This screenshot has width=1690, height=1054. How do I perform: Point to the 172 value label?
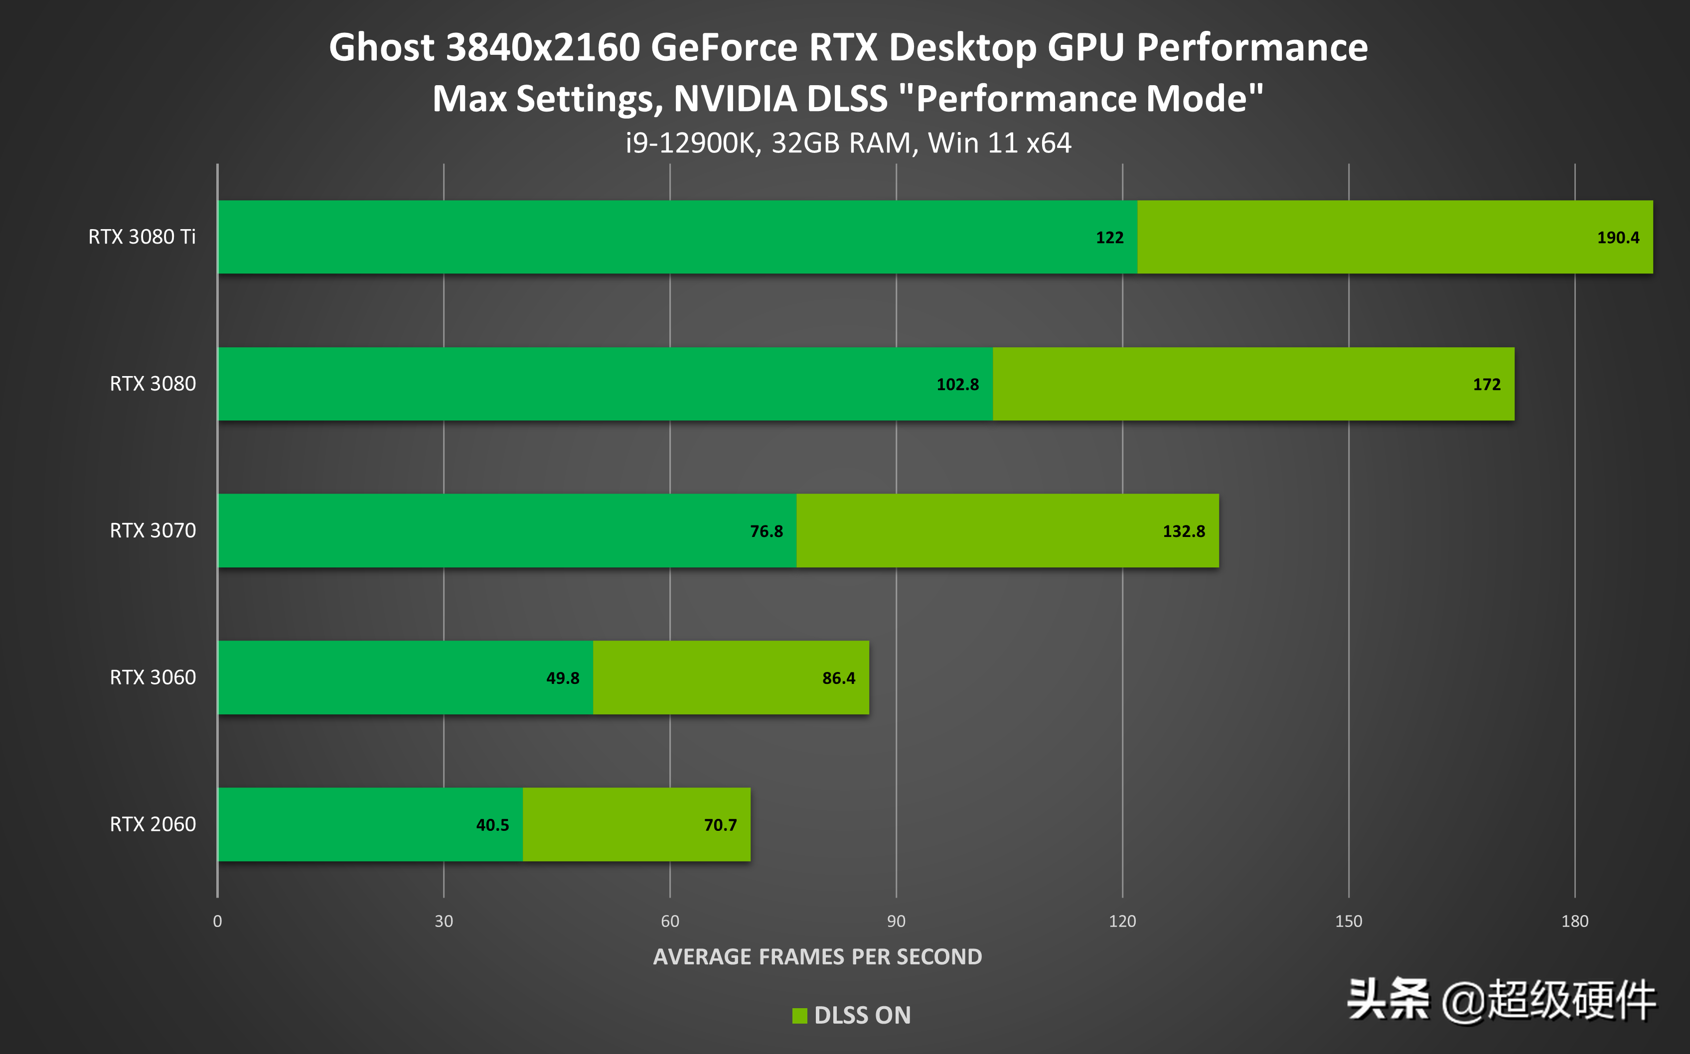(x=1486, y=385)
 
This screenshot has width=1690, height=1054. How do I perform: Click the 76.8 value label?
(x=766, y=531)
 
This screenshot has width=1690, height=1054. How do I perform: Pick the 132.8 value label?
(x=1183, y=531)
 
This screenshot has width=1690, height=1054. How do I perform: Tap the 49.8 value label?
(x=562, y=678)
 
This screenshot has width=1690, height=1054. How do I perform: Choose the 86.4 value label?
(x=838, y=678)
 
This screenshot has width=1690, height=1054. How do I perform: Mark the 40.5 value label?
(x=492, y=825)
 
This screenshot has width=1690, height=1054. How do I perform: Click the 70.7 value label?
(x=720, y=825)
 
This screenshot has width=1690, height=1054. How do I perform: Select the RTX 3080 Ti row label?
(x=142, y=237)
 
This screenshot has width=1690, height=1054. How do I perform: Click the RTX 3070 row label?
(x=153, y=530)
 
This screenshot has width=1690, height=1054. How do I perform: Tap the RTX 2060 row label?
(x=153, y=825)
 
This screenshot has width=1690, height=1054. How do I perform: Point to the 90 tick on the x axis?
(x=896, y=922)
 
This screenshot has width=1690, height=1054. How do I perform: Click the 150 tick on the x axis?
(x=1348, y=922)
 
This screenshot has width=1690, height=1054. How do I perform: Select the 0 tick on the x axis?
(x=218, y=922)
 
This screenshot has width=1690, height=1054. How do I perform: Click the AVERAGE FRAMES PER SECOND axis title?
(x=817, y=957)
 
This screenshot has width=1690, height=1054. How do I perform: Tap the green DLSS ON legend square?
(x=799, y=1016)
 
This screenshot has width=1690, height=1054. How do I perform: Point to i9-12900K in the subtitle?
(x=690, y=143)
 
